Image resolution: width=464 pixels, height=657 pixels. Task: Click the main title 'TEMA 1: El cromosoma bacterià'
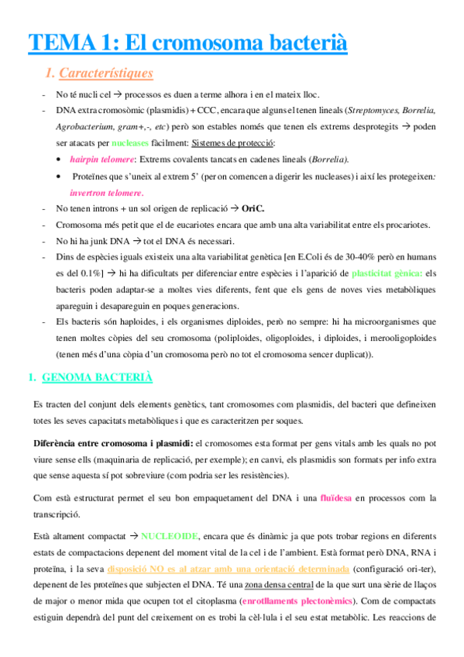[x=187, y=42]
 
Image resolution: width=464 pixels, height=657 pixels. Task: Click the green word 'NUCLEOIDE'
[x=174, y=536]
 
